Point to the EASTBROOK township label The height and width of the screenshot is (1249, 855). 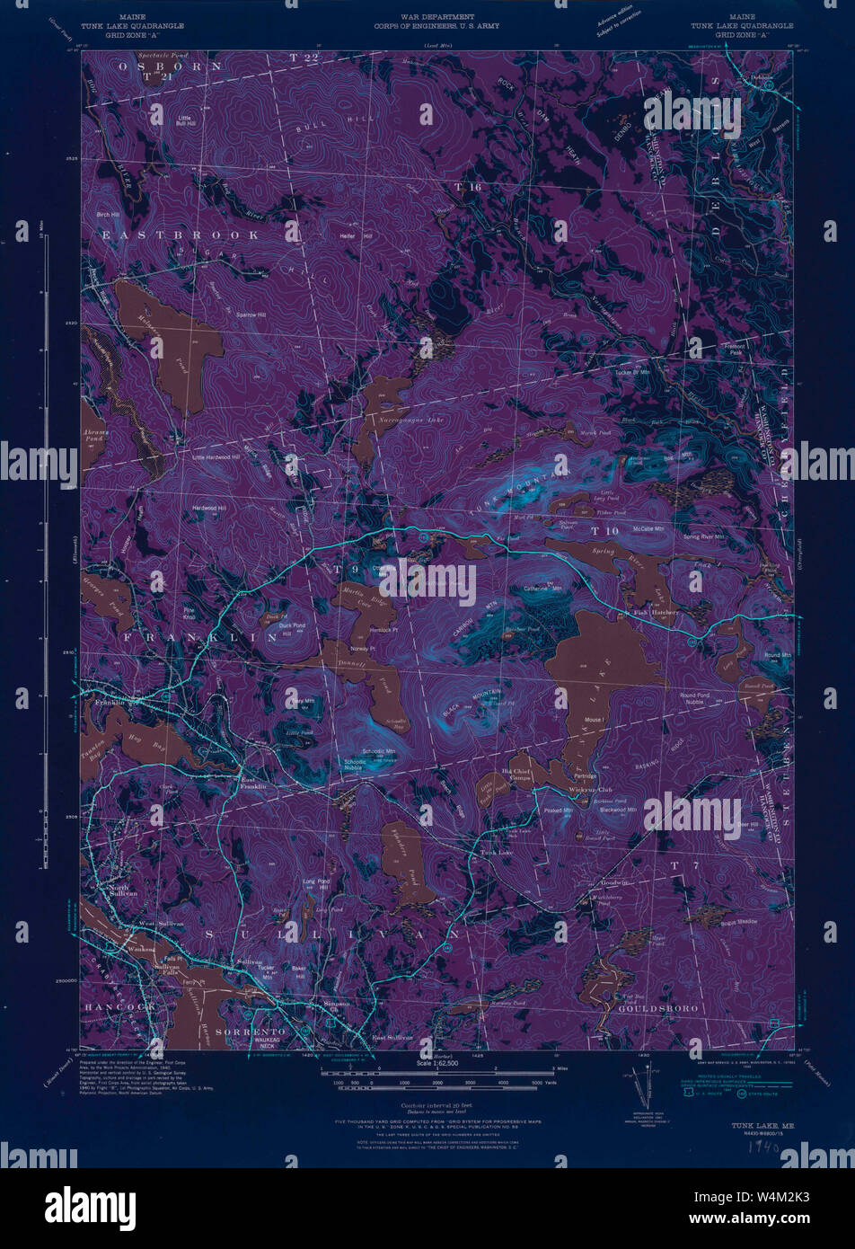(x=180, y=235)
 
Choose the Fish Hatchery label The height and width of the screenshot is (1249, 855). (x=655, y=613)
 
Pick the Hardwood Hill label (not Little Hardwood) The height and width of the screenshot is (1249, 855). (x=209, y=509)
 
